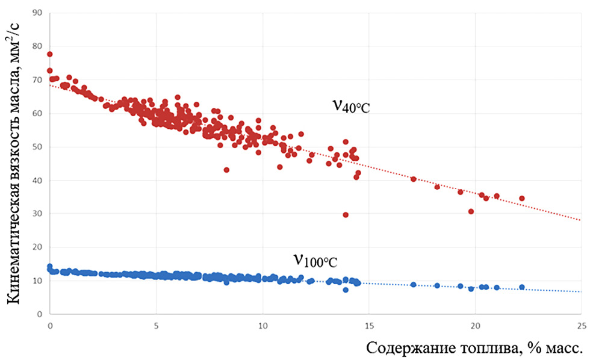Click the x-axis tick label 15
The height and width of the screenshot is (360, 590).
[x=368, y=326]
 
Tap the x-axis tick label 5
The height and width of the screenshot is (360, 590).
[x=156, y=326]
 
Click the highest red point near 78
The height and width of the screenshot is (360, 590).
[x=49, y=54]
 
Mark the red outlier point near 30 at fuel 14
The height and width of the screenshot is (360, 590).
[x=346, y=214]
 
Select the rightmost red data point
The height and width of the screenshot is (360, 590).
[x=522, y=198]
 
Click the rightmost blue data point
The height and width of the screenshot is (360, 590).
[x=522, y=287]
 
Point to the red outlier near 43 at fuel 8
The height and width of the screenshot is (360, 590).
[x=226, y=170]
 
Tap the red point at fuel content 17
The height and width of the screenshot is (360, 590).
[x=414, y=179]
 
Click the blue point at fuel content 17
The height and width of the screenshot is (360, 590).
[x=414, y=285]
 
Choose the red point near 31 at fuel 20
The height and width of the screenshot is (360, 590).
[x=471, y=211]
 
